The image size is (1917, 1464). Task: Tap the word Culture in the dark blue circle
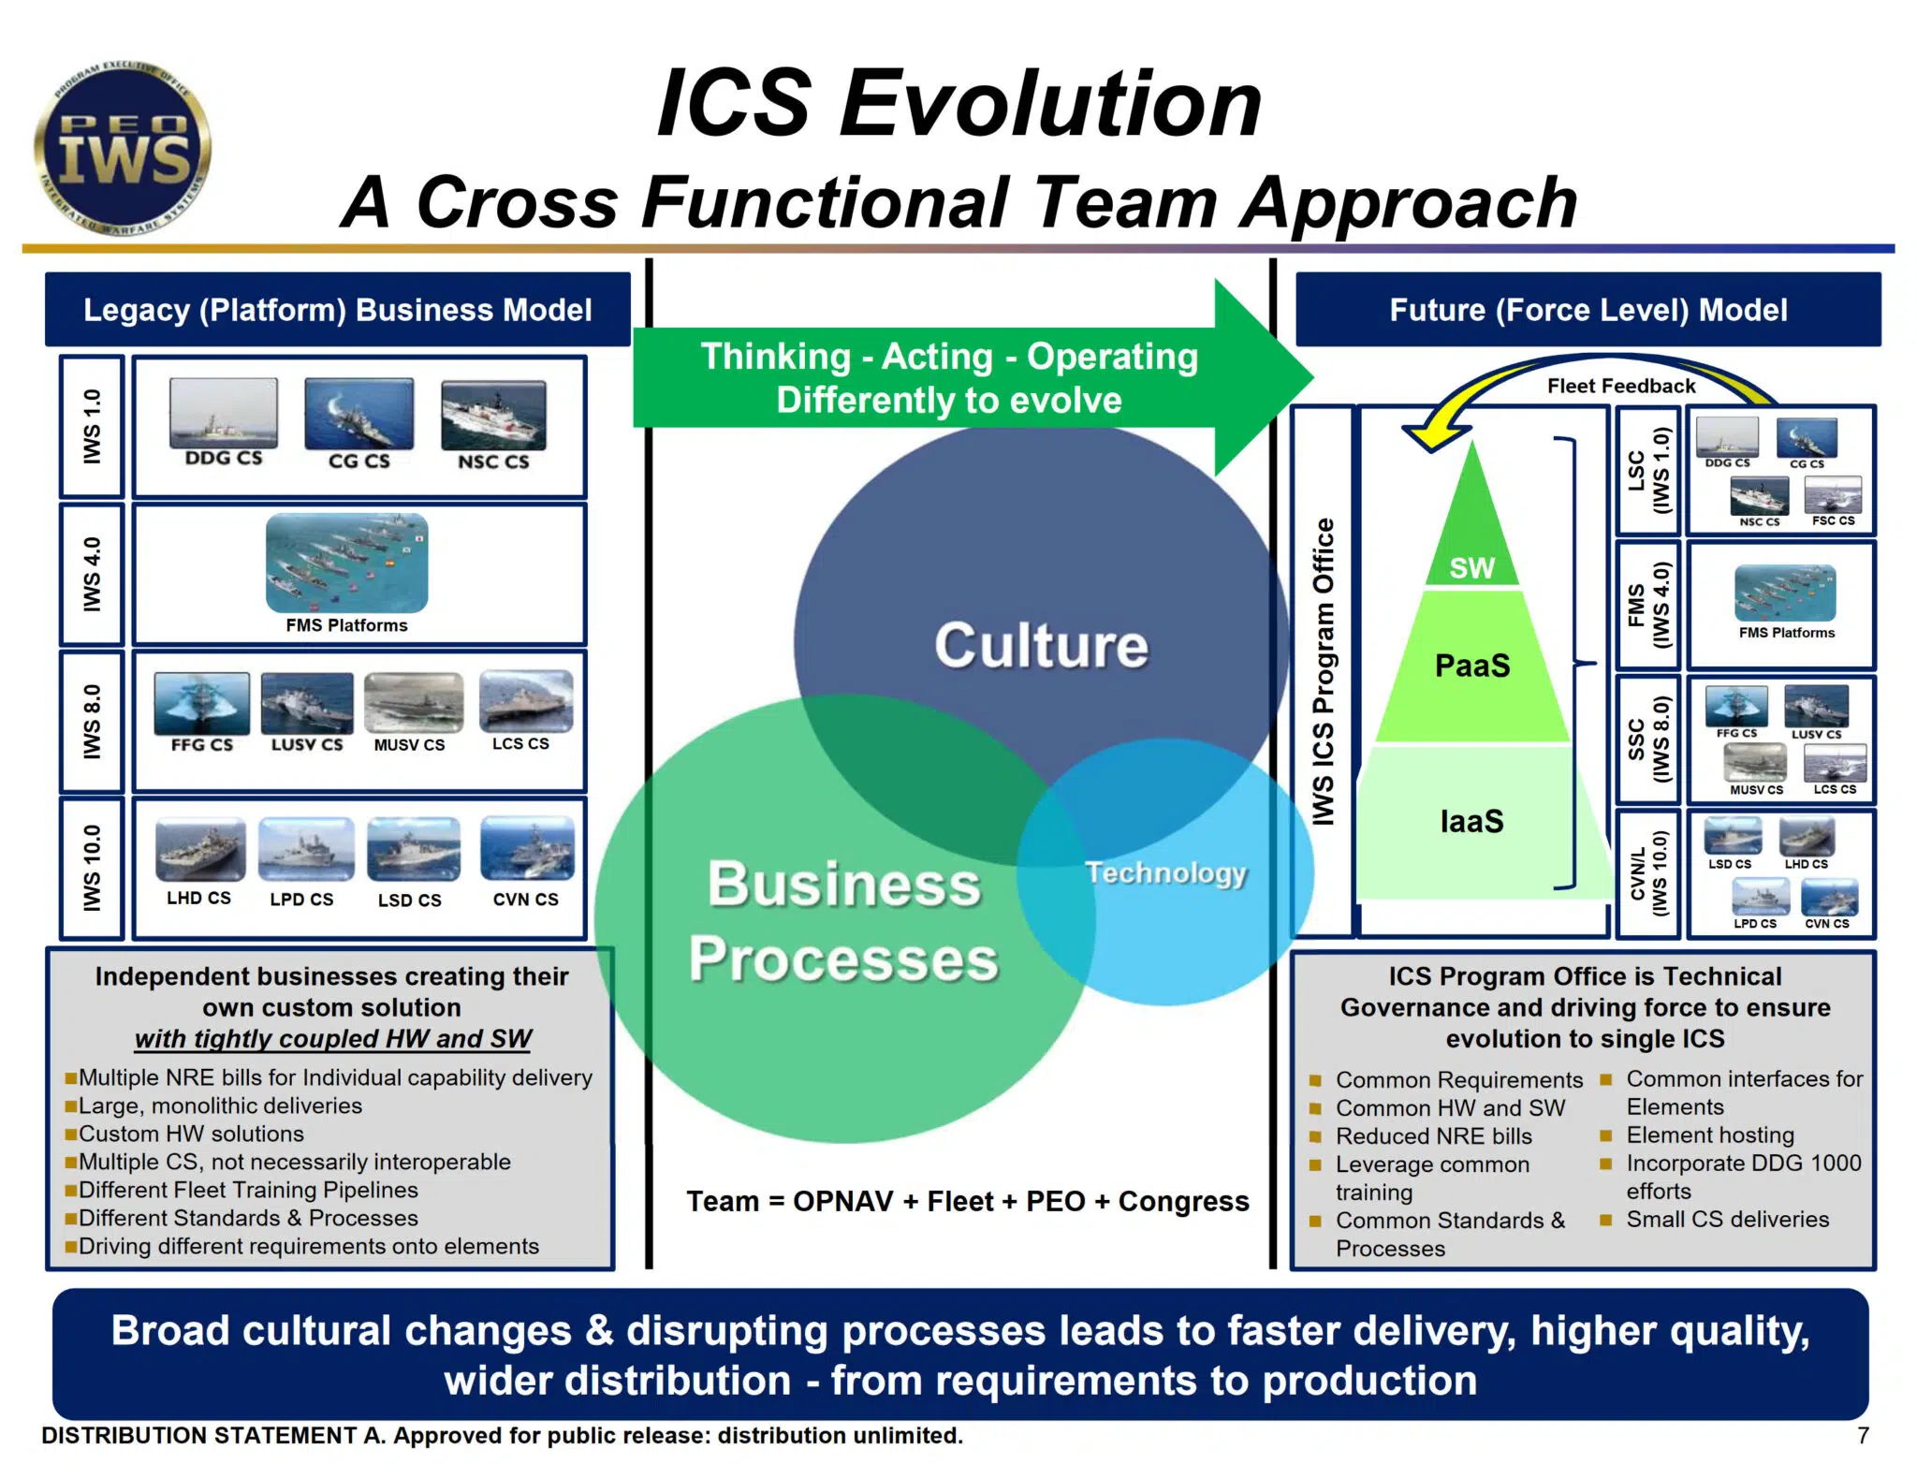coord(1041,645)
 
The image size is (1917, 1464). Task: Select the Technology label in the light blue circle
coord(1165,872)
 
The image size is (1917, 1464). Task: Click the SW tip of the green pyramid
coord(1471,566)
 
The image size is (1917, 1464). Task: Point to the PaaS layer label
coord(1472,666)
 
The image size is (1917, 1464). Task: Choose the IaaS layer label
coord(1471,821)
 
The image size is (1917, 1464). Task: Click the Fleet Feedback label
coord(1620,386)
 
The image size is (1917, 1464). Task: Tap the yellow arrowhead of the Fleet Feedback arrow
coord(1429,434)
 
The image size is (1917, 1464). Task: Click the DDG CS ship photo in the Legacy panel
coord(224,412)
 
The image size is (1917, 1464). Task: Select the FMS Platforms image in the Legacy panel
coord(346,563)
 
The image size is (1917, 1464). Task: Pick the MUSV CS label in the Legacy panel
coord(409,745)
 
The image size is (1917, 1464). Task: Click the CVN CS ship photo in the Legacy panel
coord(527,848)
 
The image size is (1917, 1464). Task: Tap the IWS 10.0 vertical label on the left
coord(92,868)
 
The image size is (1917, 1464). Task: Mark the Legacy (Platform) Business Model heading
coord(337,310)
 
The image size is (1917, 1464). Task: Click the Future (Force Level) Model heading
coord(1588,310)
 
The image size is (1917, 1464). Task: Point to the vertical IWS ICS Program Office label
coord(1323,671)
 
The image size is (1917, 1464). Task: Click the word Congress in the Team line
coord(1183,1201)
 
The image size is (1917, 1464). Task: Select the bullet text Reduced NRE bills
coord(1433,1135)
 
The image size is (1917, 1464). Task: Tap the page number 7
coord(1863,1435)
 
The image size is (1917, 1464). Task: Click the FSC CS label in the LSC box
coord(1833,520)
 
